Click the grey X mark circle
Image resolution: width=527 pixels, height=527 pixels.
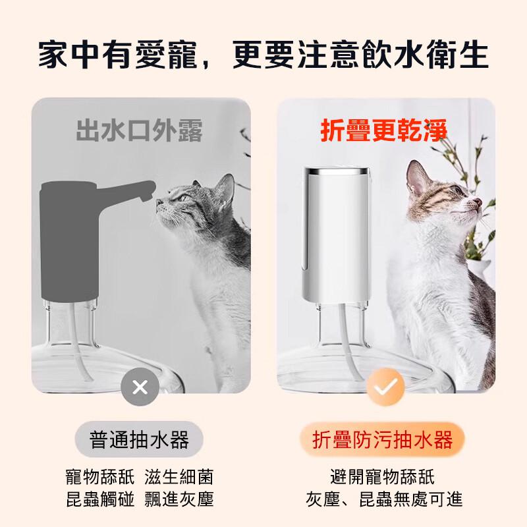[x=140, y=387]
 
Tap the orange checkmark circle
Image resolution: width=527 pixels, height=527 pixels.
[x=386, y=387]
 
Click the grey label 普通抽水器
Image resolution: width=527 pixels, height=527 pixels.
[x=139, y=439]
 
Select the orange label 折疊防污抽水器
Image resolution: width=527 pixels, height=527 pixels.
[x=382, y=439]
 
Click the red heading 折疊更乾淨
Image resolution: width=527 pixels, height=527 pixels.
[x=384, y=130]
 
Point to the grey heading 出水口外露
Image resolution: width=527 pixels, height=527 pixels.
[x=139, y=130]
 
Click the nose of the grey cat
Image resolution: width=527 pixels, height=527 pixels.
[x=158, y=202]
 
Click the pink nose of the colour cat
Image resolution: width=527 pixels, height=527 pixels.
[x=478, y=202]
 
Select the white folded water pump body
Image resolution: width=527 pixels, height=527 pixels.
[x=336, y=235]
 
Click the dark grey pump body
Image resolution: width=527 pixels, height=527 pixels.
[x=70, y=240]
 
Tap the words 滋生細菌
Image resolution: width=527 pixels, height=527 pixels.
[x=179, y=477]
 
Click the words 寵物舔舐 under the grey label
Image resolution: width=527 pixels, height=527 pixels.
[x=100, y=477]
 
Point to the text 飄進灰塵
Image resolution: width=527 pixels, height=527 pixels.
[x=179, y=499]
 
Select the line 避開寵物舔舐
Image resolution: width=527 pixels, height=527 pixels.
[x=383, y=477]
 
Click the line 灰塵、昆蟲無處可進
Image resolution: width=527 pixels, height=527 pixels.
[x=384, y=499]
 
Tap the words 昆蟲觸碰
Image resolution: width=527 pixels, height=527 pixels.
[x=100, y=499]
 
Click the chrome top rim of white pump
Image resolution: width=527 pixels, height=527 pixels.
[x=337, y=171]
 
